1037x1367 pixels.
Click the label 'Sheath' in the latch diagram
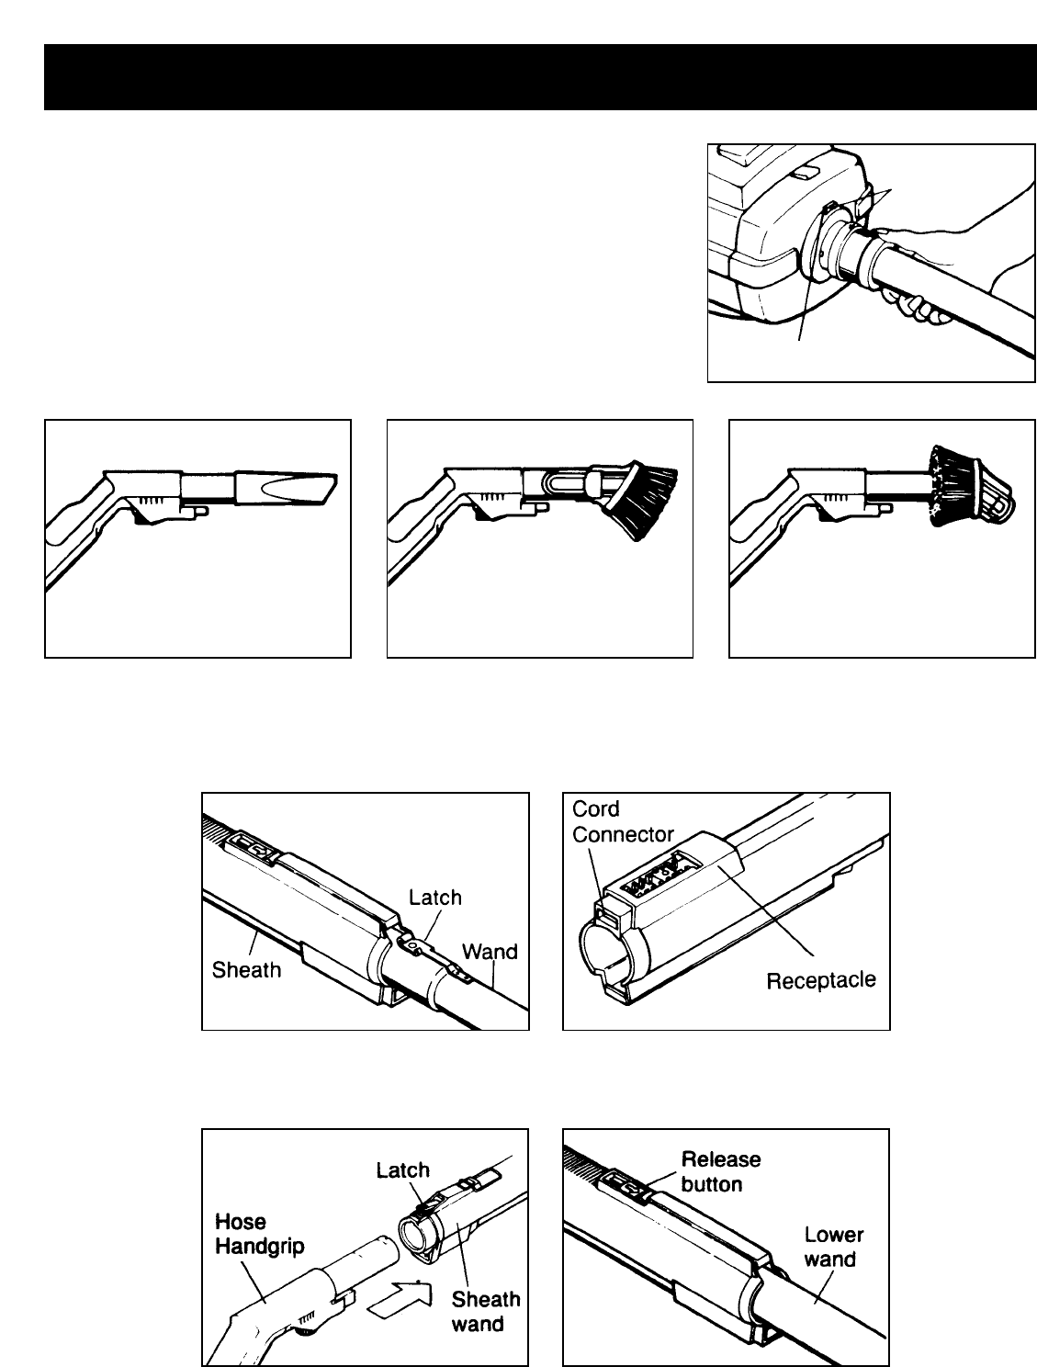coord(246,969)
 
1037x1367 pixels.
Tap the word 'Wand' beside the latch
coord(490,952)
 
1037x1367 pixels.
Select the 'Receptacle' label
coord(820,980)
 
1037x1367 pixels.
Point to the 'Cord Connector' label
coord(623,822)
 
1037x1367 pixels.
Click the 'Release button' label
coord(720,1171)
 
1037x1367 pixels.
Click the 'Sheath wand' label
coord(485,1311)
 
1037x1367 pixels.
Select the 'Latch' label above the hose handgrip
coord(402,1169)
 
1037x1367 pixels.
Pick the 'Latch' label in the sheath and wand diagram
coord(434,897)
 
